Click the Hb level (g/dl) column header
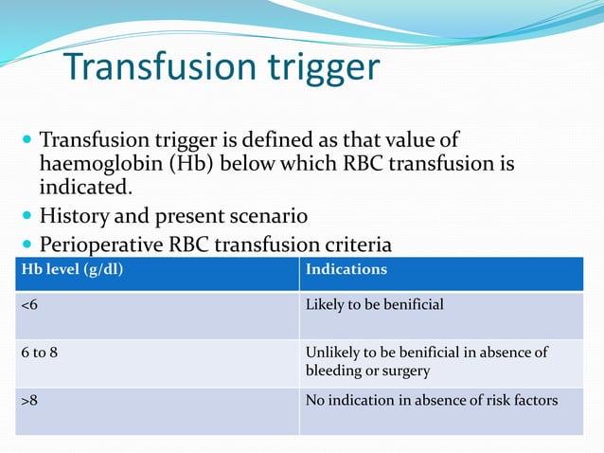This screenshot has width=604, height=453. pos(71,269)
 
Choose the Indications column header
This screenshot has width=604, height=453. pos(346,269)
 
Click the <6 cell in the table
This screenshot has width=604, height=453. pos(30,305)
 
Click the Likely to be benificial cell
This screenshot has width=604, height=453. pos(374,305)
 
